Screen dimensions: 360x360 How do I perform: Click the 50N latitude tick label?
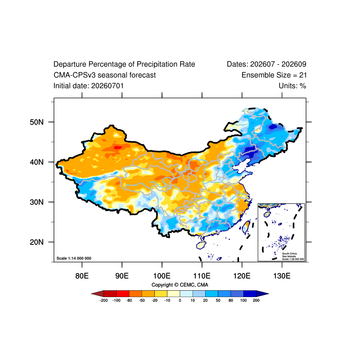[36, 122]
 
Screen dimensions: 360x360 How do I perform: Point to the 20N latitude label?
[36, 242]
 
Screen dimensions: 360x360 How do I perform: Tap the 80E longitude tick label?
[82, 276]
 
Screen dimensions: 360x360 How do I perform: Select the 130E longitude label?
[282, 276]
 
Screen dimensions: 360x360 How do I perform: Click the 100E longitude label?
[162, 276]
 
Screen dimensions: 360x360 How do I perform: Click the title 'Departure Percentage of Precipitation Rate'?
[124, 64]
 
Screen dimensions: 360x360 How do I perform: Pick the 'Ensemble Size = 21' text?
[274, 75]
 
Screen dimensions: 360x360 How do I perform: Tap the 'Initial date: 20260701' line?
[89, 86]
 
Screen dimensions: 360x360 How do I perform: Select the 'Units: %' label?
[292, 86]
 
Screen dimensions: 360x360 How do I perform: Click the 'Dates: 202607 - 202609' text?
[266, 64]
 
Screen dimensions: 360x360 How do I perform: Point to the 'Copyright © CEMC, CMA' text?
[180, 285]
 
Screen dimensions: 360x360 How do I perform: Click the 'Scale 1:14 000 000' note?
[74, 258]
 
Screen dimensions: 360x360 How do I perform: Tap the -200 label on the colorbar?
[104, 301]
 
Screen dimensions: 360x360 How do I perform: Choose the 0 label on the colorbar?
[180, 301]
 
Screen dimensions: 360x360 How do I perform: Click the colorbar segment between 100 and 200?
[250, 294]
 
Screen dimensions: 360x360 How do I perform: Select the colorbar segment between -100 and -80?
[123, 294]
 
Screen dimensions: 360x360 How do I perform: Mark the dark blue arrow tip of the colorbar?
[268, 294]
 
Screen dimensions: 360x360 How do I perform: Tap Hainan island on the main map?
[201, 245]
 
